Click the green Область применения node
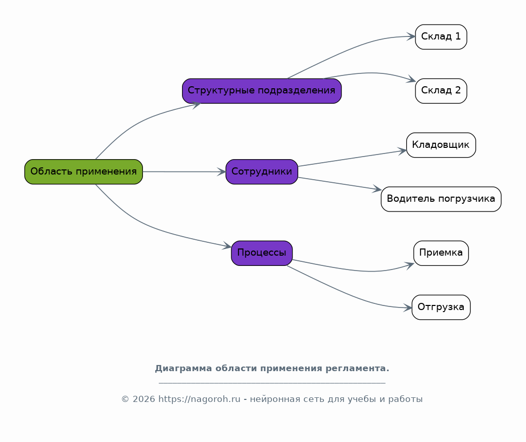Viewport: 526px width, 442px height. pos(83,172)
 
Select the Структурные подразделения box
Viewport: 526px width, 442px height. pos(262,91)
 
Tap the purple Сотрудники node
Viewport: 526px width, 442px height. pos(262,172)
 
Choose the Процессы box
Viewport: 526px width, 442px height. pos(262,253)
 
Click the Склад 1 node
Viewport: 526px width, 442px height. pos(441,37)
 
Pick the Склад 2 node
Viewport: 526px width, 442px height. pos(441,91)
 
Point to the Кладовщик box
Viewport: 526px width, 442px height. pos(441,145)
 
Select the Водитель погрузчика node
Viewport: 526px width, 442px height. pos(441,199)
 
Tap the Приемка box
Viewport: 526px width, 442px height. pos(441,253)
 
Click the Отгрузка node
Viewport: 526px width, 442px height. pos(441,308)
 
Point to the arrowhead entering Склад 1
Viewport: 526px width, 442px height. pos(411,36)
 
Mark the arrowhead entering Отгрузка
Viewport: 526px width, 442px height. pos(408,308)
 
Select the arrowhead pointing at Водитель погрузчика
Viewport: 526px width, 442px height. pos(377,189)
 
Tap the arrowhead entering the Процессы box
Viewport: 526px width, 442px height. pos(227,246)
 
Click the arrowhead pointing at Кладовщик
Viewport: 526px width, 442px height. pos(403,151)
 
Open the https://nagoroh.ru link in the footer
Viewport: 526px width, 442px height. pos(199,399)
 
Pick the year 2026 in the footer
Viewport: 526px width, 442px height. pos(144,399)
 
